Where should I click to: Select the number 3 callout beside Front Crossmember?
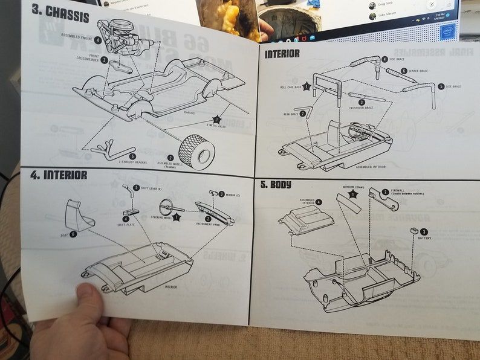[105, 60]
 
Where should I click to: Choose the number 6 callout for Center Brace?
[404, 71]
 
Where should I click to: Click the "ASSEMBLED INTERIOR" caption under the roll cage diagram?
[371, 167]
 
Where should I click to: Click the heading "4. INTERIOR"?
[59, 175]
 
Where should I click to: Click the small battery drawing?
[414, 230]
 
